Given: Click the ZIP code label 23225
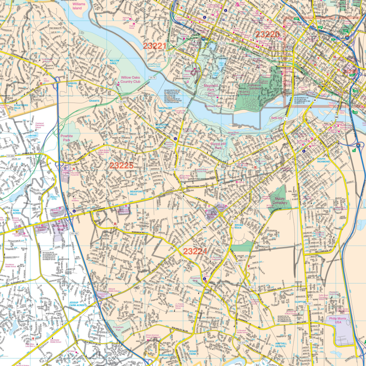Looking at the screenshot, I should (x=121, y=165).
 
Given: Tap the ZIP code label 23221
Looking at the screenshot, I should (x=155, y=46).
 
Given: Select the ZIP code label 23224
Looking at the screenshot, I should (x=195, y=251).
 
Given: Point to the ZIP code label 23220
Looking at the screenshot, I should (x=267, y=34).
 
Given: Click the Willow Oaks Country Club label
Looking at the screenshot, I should (x=130, y=79).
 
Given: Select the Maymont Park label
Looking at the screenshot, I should (x=211, y=88).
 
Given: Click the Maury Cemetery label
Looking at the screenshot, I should (x=280, y=201).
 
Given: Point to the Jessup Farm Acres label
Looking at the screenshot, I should (x=77, y=304).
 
